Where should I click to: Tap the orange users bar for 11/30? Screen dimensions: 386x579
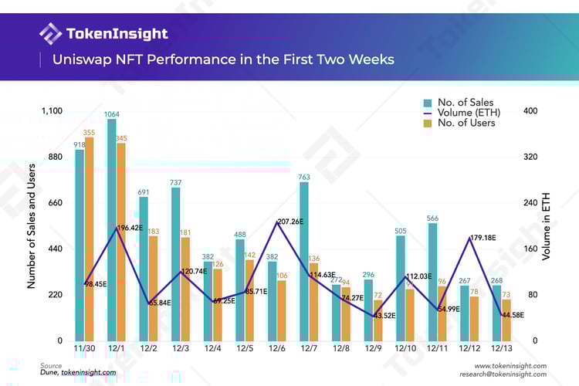[89, 239]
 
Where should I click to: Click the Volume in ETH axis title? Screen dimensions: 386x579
[547, 225]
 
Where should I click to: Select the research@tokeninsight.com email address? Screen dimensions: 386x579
[503, 374]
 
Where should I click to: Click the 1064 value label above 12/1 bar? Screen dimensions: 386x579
[112, 113]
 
